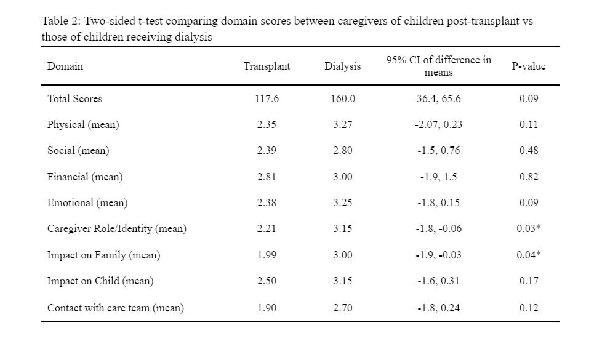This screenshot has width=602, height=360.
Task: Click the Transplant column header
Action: coord(267,66)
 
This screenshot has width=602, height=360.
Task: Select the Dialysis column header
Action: coord(342,66)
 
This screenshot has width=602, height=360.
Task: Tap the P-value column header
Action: coord(529,66)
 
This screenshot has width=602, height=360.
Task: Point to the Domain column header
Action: coord(65,66)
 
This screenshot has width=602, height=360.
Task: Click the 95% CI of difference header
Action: coord(438,66)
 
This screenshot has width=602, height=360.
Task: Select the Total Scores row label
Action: coord(75,98)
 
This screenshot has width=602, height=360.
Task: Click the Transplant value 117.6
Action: coord(267,98)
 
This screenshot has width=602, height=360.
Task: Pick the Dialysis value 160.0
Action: coord(343,98)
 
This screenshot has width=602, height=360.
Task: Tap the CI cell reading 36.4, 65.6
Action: coord(438,98)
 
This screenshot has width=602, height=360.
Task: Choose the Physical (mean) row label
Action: coord(83,125)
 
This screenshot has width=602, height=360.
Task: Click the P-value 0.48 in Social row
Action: coord(529,150)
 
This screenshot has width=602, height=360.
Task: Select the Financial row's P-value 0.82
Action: coord(529,177)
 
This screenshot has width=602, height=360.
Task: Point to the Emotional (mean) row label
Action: coord(87,202)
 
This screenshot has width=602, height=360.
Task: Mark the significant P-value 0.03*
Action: coord(529,228)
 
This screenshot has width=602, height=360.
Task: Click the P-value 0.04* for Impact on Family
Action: coord(529,254)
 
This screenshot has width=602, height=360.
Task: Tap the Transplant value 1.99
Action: coord(267,255)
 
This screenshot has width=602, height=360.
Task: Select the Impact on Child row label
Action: coord(100,281)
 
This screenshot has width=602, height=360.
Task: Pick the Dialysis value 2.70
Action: coord(343,308)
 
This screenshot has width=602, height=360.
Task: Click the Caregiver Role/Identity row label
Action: coord(117,229)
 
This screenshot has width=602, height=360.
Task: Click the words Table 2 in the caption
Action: coord(60,21)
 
